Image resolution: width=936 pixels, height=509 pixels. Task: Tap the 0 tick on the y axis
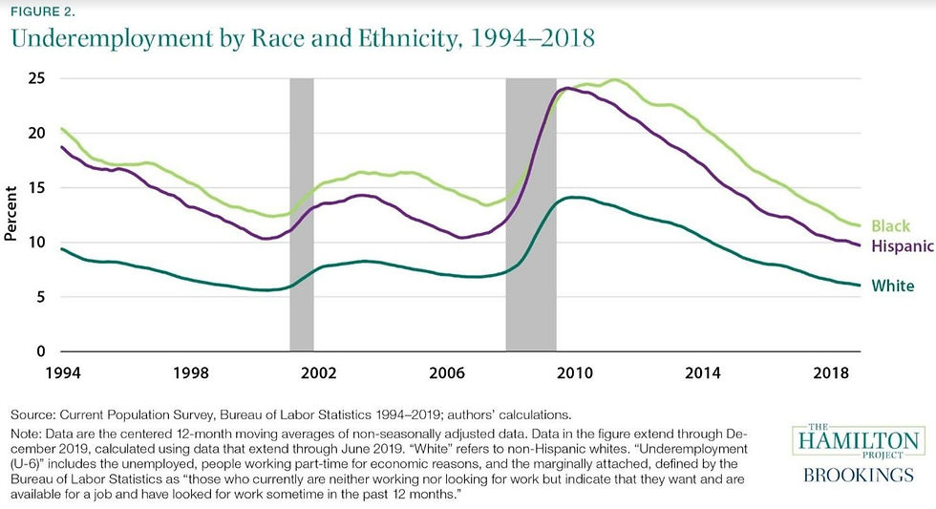click(x=43, y=352)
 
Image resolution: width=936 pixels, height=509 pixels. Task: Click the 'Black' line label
click(x=891, y=227)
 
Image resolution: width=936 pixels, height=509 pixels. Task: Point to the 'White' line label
click(x=893, y=286)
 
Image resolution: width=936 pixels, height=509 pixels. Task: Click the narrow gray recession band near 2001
click(x=302, y=215)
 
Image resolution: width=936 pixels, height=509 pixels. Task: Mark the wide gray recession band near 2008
click(x=531, y=215)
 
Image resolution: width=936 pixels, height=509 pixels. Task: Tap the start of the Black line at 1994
click(x=61, y=128)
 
